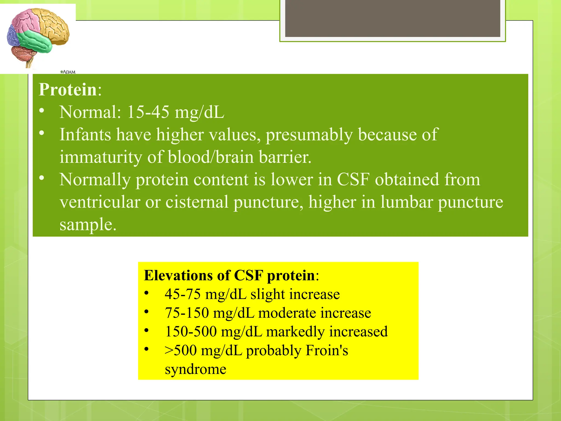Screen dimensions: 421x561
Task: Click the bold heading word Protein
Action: pos(68,90)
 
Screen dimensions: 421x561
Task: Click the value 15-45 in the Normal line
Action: pos(148,112)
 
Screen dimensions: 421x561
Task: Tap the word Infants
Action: pos(85,135)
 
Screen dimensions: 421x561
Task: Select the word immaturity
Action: pos(101,157)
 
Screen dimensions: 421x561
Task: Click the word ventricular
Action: pos(100,202)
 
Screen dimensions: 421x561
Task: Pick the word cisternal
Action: pos(197,202)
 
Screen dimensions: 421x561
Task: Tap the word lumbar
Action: pos(407,202)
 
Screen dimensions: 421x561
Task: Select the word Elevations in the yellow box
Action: pos(178,275)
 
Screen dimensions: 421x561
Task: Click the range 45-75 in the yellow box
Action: pos(182,294)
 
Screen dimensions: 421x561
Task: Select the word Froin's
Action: pos(327,350)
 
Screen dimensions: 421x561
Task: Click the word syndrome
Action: pos(195,369)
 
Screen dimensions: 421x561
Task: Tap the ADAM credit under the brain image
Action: pos(68,72)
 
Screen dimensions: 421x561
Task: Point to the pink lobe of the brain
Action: pos(26,21)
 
